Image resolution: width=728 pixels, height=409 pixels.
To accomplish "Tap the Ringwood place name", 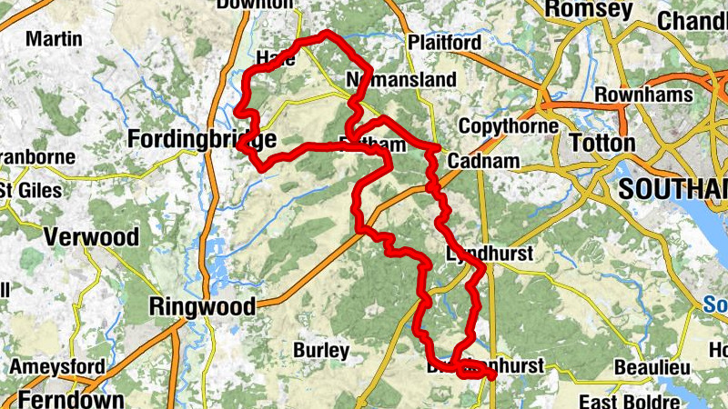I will (203, 306).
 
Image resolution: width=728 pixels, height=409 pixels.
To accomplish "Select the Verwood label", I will (92, 237).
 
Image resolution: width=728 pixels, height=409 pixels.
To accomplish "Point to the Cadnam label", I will (483, 162).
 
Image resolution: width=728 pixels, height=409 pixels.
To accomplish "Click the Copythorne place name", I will (508, 126).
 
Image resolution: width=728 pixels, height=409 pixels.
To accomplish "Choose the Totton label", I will (602, 143).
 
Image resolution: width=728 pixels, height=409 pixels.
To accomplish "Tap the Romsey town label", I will (587, 10).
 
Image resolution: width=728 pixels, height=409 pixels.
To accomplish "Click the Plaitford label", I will (444, 43).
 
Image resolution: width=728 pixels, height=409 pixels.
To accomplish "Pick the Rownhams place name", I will (642, 95).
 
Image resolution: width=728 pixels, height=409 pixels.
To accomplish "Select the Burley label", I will (321, 350).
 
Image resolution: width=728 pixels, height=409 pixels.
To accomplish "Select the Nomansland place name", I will (401, 81).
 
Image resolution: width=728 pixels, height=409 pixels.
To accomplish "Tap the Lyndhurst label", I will (490, 254).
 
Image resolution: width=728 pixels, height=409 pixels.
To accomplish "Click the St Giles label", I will (31, 191).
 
